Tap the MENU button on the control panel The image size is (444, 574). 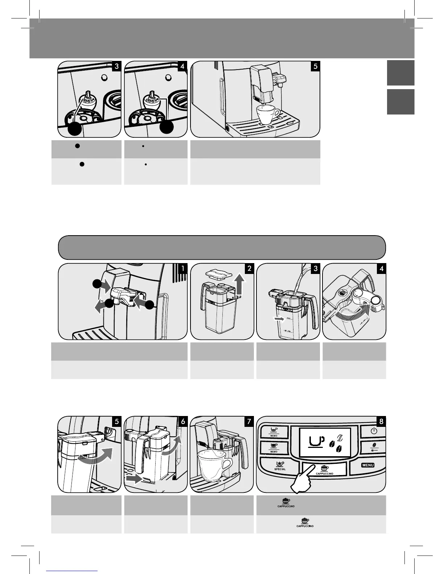click(367, 465)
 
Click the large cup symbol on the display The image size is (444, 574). click(316, 442)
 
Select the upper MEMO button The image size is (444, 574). click(274, 431)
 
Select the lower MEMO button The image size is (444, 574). click(274, 448)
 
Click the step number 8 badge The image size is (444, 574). click(381, 421)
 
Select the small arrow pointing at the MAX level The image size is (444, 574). click(278, 319)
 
